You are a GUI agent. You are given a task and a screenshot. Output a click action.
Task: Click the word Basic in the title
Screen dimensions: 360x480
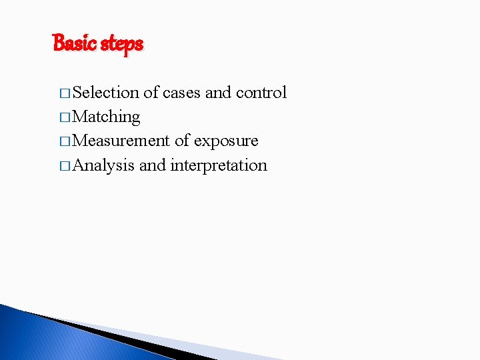[x=75, y=44]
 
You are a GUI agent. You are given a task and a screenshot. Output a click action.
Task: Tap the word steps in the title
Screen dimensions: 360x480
[x=121, y=45]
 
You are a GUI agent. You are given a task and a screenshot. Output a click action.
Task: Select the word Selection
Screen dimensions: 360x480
[x=105, y=92]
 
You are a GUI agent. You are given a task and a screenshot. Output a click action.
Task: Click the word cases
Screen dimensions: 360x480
[x=181, y=93]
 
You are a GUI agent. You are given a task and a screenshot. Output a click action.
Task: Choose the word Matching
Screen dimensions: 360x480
[x=106, y=117]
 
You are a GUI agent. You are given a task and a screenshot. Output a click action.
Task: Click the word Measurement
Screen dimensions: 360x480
[x=121, y=141]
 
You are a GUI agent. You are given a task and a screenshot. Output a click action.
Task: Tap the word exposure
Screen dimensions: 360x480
[x=225, y=141]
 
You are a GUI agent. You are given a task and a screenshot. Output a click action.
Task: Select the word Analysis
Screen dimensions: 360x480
[x=103, y=165]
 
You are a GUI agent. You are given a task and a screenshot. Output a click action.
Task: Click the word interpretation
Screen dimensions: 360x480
[x=219, y=165]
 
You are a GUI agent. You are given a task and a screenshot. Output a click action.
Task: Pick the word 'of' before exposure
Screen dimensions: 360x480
[x=182, y=141]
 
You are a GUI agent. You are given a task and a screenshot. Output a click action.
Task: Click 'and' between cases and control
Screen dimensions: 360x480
[x=217, y=92]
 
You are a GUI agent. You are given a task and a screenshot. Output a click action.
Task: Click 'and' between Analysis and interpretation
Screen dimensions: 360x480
[x=152, y=165]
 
